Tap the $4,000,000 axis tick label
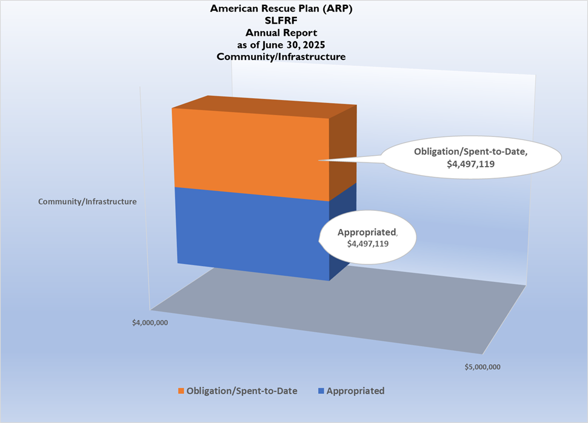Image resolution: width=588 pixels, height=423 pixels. click(x=150, y=322)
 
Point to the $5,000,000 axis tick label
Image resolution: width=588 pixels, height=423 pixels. click(x=483, y=367)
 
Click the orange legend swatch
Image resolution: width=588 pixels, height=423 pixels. click(x=181, y=391)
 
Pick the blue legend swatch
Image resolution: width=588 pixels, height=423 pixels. click(x=321, y=391)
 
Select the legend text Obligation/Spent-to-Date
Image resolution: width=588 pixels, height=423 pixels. click(x=242, y=391)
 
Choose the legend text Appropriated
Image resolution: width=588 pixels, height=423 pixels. click(x=355, y=391)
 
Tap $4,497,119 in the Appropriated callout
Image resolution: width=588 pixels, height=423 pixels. click(x=368, y=243)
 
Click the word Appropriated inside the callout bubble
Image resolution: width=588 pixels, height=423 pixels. click(x=367, y=232)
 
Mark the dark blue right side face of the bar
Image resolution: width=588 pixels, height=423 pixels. click(x=342, y=233)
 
